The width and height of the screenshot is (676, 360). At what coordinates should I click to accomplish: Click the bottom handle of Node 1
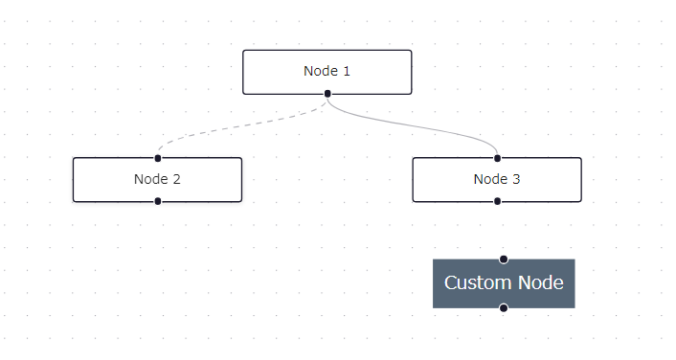pyautogui.click(x=327, y=94)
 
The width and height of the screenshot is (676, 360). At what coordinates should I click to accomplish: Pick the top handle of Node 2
pyautogui.click(x=158, y=157)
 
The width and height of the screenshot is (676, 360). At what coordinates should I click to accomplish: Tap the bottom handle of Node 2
pyautogui.click(x=158, y=201)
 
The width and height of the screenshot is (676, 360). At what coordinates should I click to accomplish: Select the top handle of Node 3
pyautogui.click(x=497, y=157)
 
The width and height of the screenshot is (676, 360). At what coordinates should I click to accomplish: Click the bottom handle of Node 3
pyautogui.click(x=497, y=201)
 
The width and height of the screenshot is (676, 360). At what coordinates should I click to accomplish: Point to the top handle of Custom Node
pyautogui.click(x=504, y=259)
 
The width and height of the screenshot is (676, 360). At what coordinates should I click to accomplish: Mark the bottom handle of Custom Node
pyautogui.click(x=504, y=307)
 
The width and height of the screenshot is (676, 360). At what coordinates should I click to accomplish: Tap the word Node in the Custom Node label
pyautogui.click(x=540, y=283)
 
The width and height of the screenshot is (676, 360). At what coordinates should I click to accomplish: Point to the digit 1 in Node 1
pyautogui.click(x=347, y=71)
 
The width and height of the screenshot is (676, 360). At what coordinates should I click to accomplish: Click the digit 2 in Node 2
pyautogui.click(x=176, y=179)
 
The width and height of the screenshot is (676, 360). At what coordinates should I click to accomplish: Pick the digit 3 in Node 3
pyautogui.click(x=516, y=179)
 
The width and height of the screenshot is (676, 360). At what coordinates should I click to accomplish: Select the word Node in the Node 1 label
pyautogui.click(x=320, y=71)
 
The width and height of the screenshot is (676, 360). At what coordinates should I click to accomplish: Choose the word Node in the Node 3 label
pyautogui.click(x=489, y=179)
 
